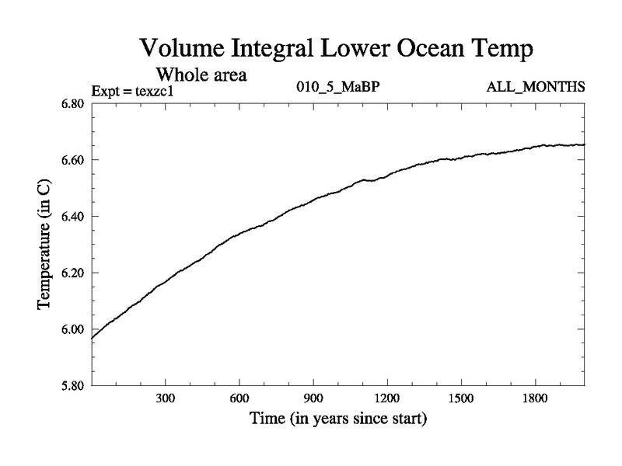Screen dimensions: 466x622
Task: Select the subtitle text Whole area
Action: [202, 75]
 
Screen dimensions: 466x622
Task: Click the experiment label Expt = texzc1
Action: [132, 89]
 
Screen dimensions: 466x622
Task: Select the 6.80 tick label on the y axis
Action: [72, 104]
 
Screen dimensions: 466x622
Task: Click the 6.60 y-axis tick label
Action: [72, 160]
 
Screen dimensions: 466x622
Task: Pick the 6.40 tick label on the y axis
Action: [72, 217]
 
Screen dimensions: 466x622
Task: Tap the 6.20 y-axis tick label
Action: [72, 273]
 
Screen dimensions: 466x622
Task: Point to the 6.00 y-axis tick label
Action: [72, 329]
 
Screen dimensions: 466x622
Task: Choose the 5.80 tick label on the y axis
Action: [72, 385]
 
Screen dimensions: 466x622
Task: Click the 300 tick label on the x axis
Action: [165, 398]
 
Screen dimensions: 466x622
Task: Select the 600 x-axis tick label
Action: [239, 398]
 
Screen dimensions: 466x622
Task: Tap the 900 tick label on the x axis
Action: [313, 398]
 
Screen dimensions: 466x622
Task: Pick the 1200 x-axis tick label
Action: [387, 398]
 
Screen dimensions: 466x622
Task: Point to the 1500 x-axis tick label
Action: [461, 398]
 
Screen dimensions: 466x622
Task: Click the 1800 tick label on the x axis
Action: [536, 398]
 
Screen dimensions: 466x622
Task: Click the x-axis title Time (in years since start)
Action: [338, 420]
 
